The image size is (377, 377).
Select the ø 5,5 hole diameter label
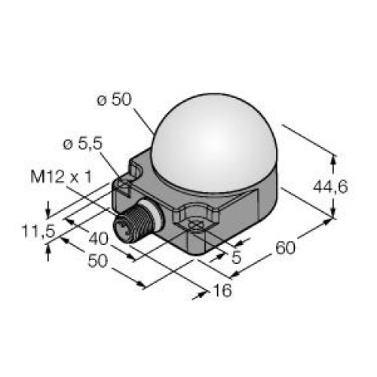[x=79, y=145]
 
